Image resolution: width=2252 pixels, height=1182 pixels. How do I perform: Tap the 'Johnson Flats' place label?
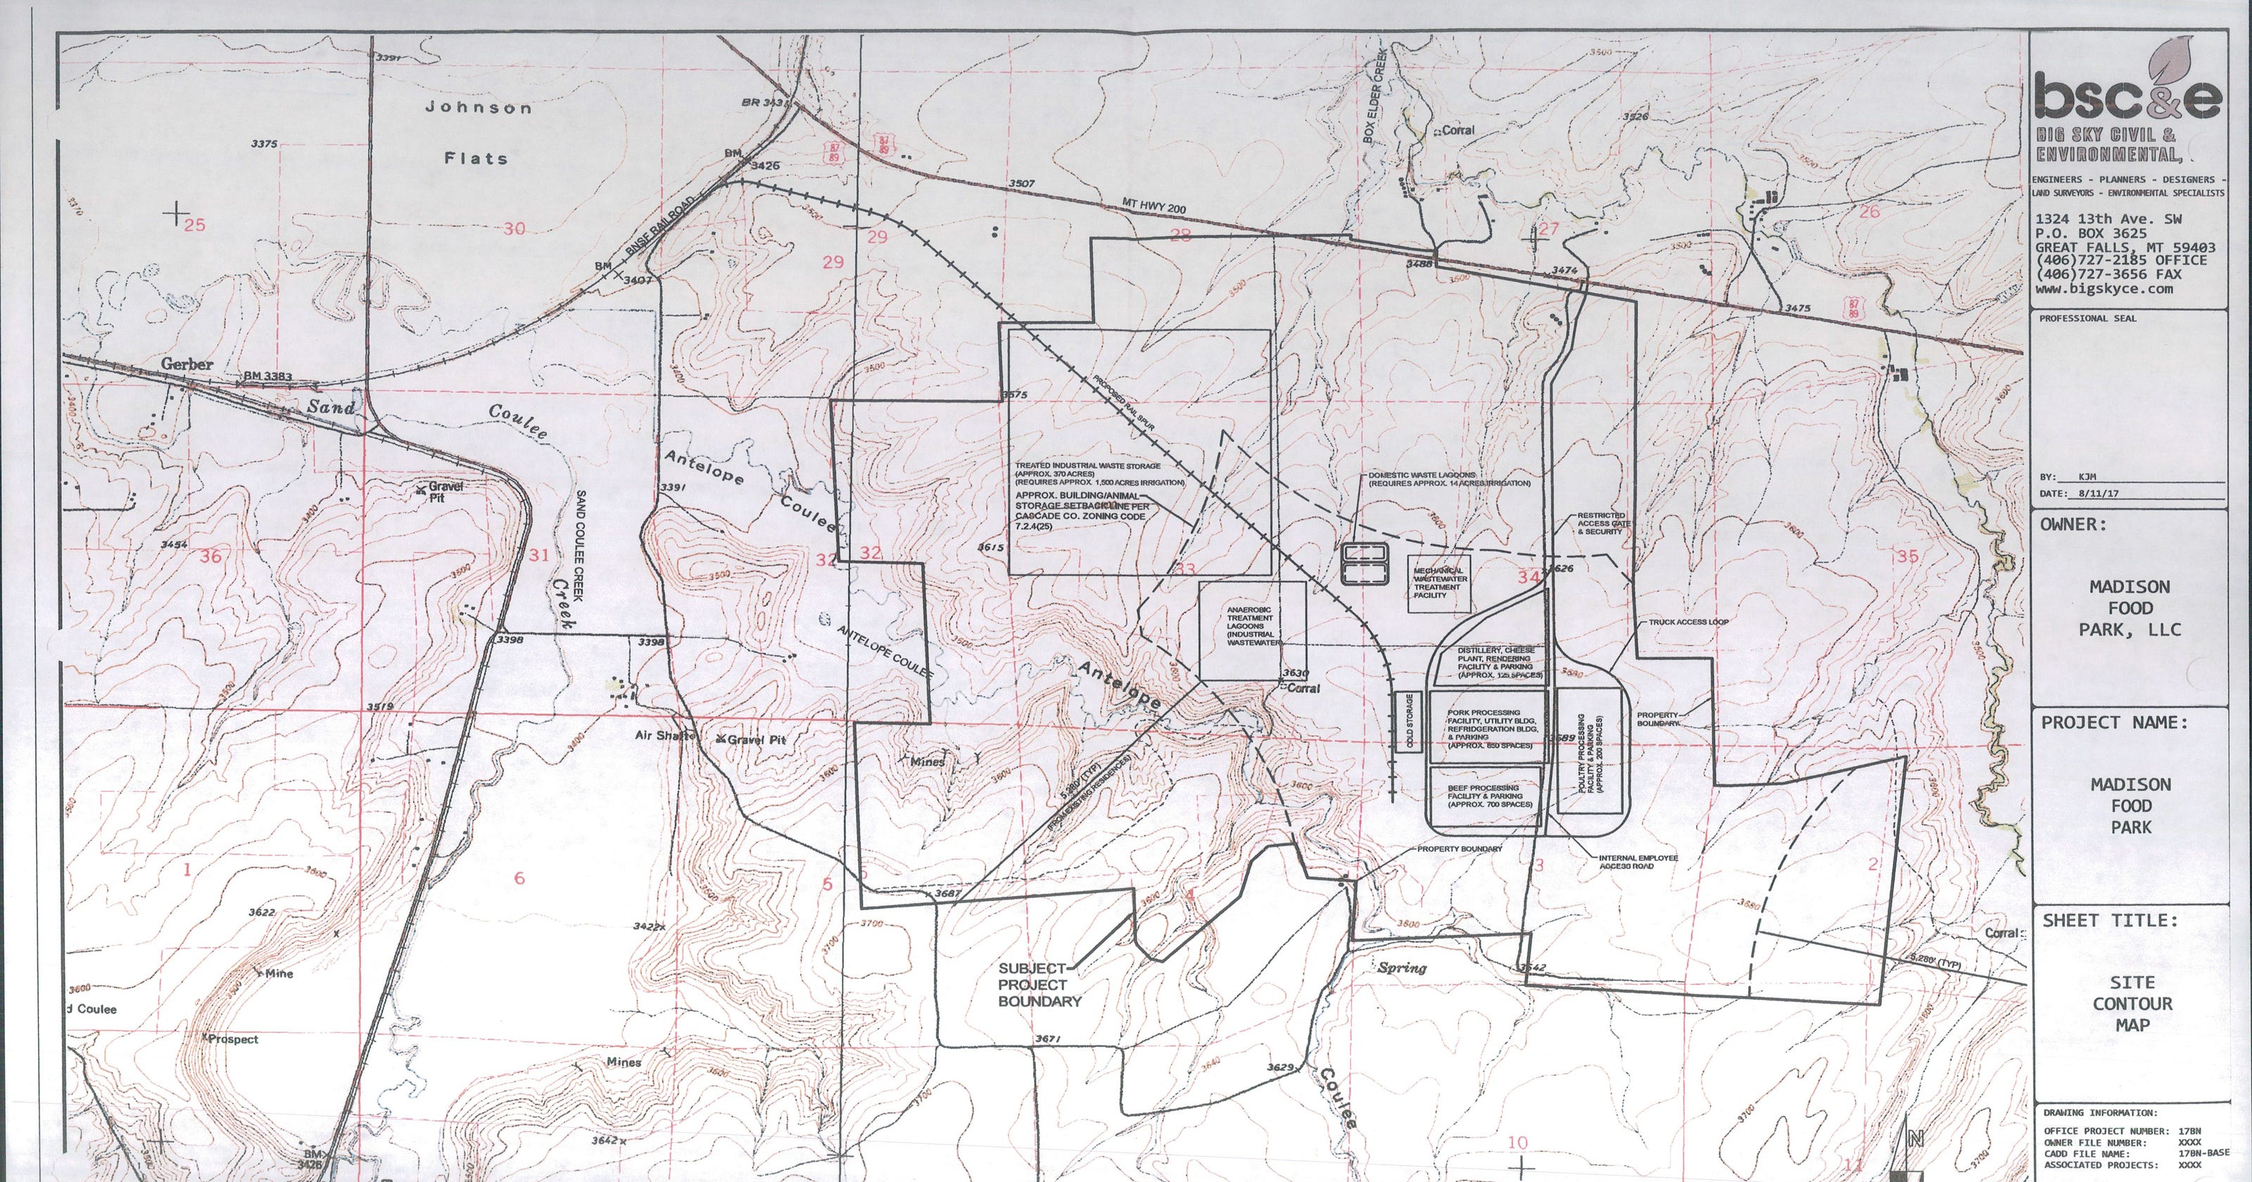477,133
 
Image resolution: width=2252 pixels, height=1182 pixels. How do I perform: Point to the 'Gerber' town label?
187,364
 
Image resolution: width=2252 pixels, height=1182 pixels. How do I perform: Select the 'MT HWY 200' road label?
1154,205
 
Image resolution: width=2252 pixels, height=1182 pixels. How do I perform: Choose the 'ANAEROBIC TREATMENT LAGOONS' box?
1251,630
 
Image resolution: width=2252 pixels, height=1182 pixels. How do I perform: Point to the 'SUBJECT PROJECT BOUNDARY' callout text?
1040,985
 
